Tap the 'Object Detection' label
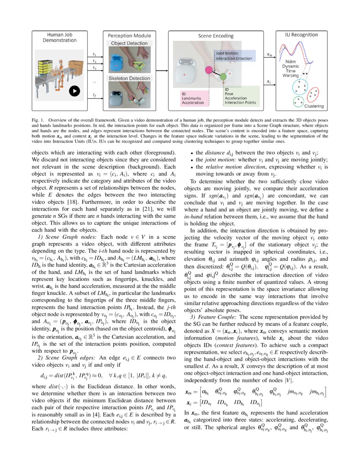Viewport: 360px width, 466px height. pyautogui.click(x=129, y=43)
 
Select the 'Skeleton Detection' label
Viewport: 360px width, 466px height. pyautogui.click(x=129, y=78)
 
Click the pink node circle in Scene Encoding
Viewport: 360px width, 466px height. pyautogui.click(x=209, y=70)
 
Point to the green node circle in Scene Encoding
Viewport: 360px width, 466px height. pyautogui.click(x=223, y=76)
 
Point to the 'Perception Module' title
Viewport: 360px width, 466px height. pyautogui.click(x=129, y=36)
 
